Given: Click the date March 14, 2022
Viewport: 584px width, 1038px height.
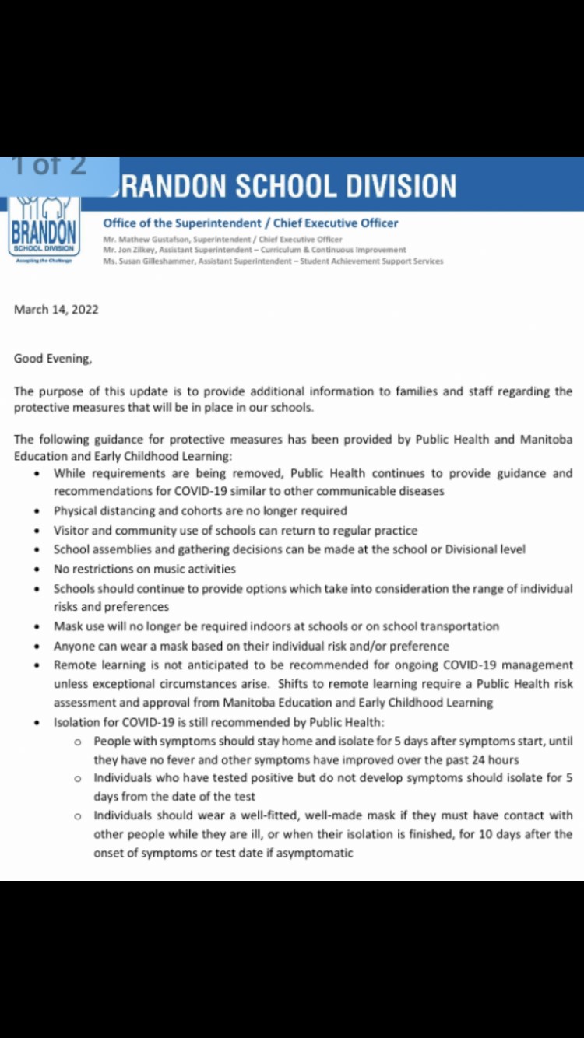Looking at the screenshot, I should [x=56, y=309].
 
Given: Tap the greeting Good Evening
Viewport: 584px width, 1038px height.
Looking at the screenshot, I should [x=52, y=359].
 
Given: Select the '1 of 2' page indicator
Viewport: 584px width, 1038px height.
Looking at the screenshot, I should [x=50, y=166].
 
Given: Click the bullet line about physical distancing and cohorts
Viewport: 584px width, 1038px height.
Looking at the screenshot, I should [x=200, y=511].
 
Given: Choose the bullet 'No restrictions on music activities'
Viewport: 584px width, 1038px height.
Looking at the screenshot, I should [x=144, y=569].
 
